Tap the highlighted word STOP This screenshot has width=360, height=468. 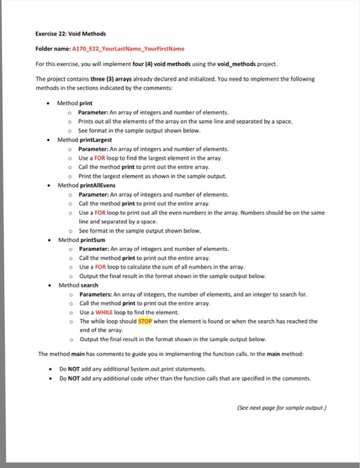(x=146, y=321)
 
